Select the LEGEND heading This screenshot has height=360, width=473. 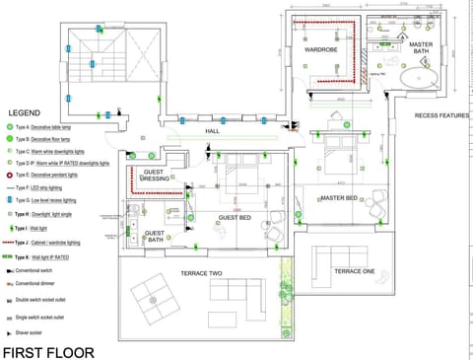tap(25, 113)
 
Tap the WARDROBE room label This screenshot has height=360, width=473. tap(321, 49)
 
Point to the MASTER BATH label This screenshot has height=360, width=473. tap(421, 48)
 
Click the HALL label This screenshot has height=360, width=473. tap(212, 130)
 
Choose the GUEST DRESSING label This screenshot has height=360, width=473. tap(156, 178)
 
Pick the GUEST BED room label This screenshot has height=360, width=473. tap(235, 217)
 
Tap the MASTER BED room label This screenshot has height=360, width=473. tap(338, 198)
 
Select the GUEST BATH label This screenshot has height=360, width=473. tap(156, 238)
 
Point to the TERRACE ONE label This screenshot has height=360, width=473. tap(354, 270)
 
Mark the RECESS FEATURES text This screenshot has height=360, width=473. tap(441, 115)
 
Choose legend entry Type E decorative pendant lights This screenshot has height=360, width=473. tap(60, 175)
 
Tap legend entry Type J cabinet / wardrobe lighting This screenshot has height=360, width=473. tap(61, 241)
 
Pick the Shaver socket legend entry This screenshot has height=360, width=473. tap(47, 333)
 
